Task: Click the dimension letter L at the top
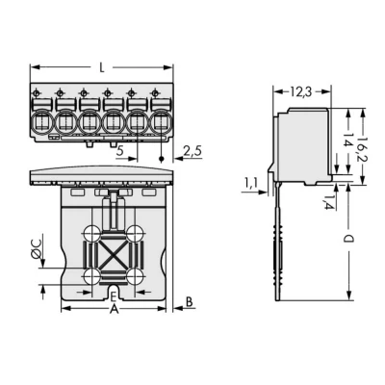102,67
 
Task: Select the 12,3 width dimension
301,92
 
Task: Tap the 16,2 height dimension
363,148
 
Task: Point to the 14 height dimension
347,140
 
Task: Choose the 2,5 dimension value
192,150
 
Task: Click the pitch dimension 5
120,150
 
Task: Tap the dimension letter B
190,302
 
